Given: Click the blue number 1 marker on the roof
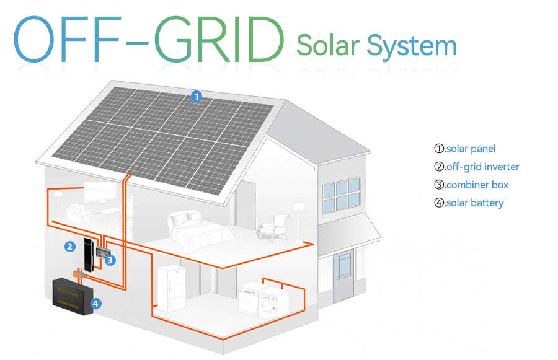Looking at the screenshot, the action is point(197,96).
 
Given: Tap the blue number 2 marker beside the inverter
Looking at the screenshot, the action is point(69,247).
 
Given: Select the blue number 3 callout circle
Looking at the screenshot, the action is point(110,260).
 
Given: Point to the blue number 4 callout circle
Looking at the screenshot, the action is point(95,304).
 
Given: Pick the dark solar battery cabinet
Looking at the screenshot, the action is point(73,297).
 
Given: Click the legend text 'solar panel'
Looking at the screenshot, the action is point(471,149).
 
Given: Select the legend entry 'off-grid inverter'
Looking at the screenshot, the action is point(482,167).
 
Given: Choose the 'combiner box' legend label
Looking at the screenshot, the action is point(477,185).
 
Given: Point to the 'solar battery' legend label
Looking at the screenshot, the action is point(475,203).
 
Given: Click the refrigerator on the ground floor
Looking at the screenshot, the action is point(172,289).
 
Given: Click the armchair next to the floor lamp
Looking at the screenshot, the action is point(273,226).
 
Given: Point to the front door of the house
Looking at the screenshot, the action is point(343,274).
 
